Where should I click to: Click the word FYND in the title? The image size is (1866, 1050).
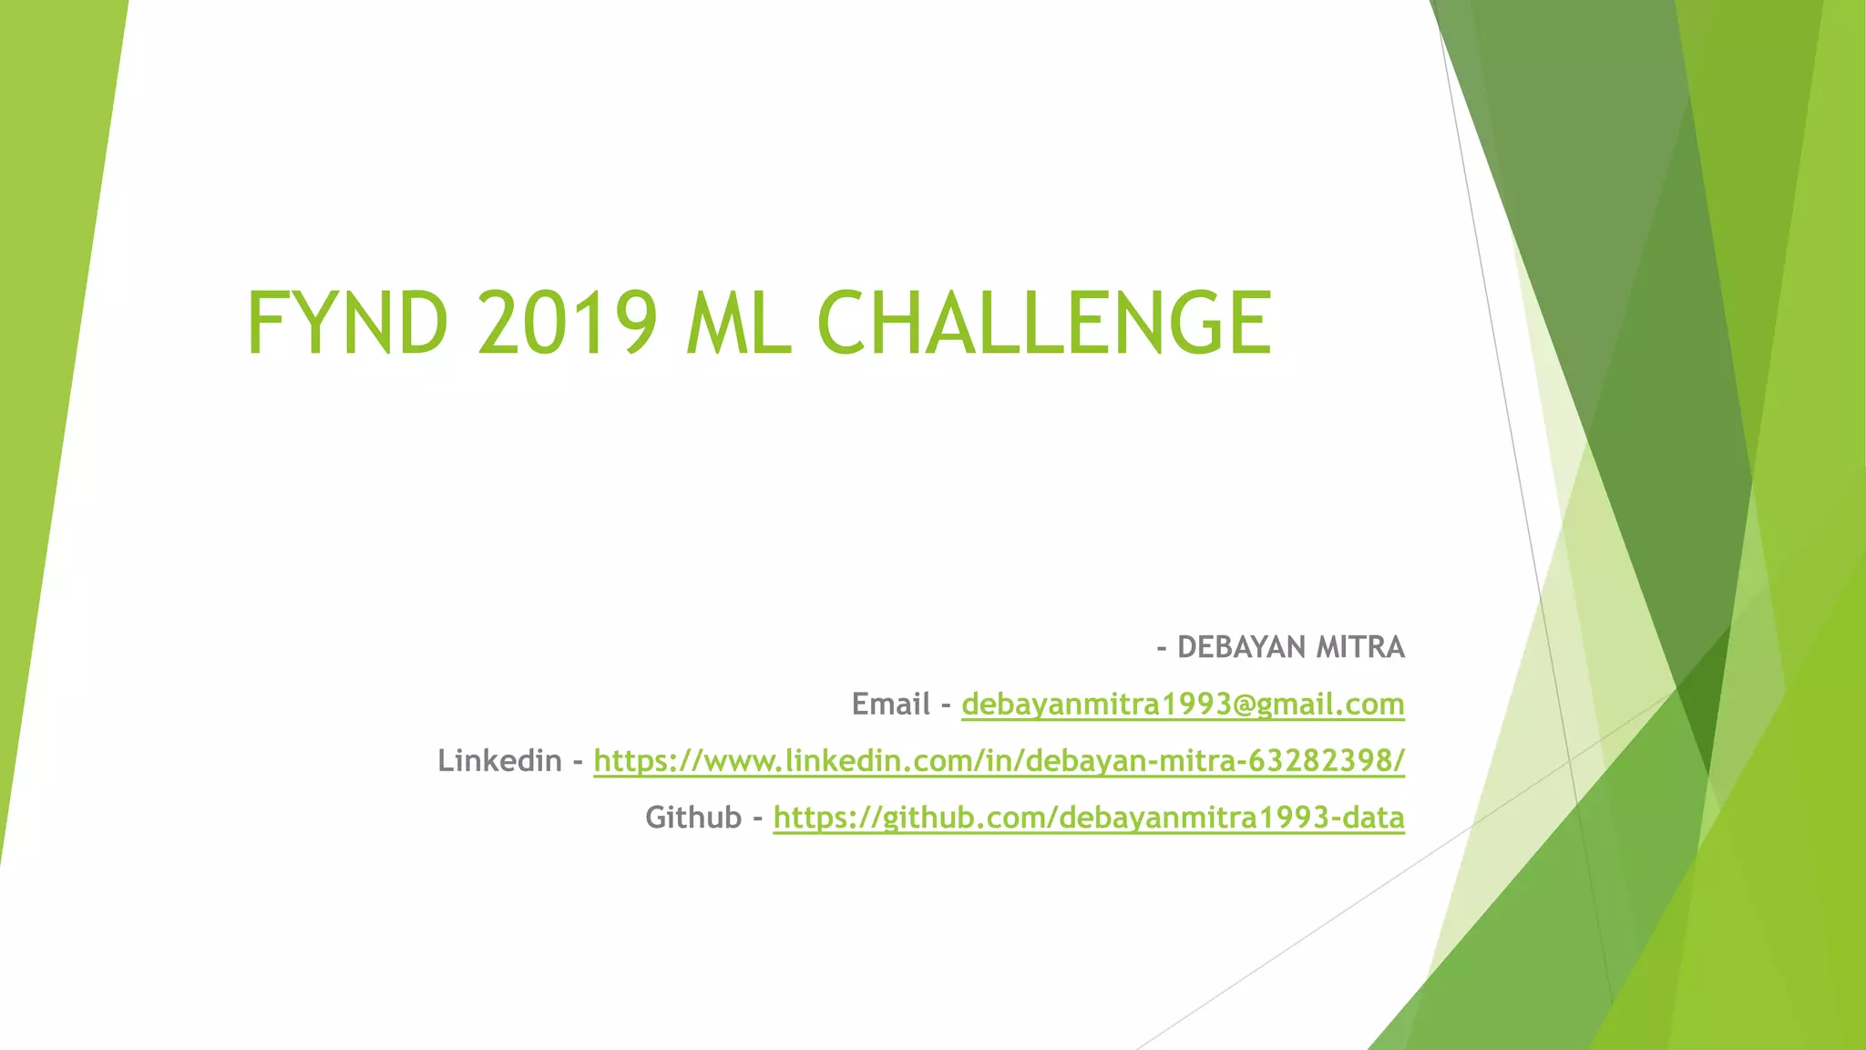pos(347,323)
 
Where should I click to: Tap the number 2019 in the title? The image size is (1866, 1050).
pos(566,323)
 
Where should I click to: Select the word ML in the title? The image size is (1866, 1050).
pos(738,323)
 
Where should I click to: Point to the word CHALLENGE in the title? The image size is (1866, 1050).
pos(1044,323)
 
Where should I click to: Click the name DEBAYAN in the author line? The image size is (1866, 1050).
pos(1241,647)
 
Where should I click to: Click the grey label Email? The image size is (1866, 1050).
pos(890,704)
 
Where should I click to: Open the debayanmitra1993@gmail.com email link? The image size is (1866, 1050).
pos(1183,704)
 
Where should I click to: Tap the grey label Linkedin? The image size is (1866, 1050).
pos(499,760)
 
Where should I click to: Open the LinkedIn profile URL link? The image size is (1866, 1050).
pos(999,760)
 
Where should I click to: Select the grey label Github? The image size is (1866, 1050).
pos(693,817)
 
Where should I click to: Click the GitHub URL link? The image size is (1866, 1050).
pos(1089,817)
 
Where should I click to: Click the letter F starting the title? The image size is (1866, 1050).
pos(265,323)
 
